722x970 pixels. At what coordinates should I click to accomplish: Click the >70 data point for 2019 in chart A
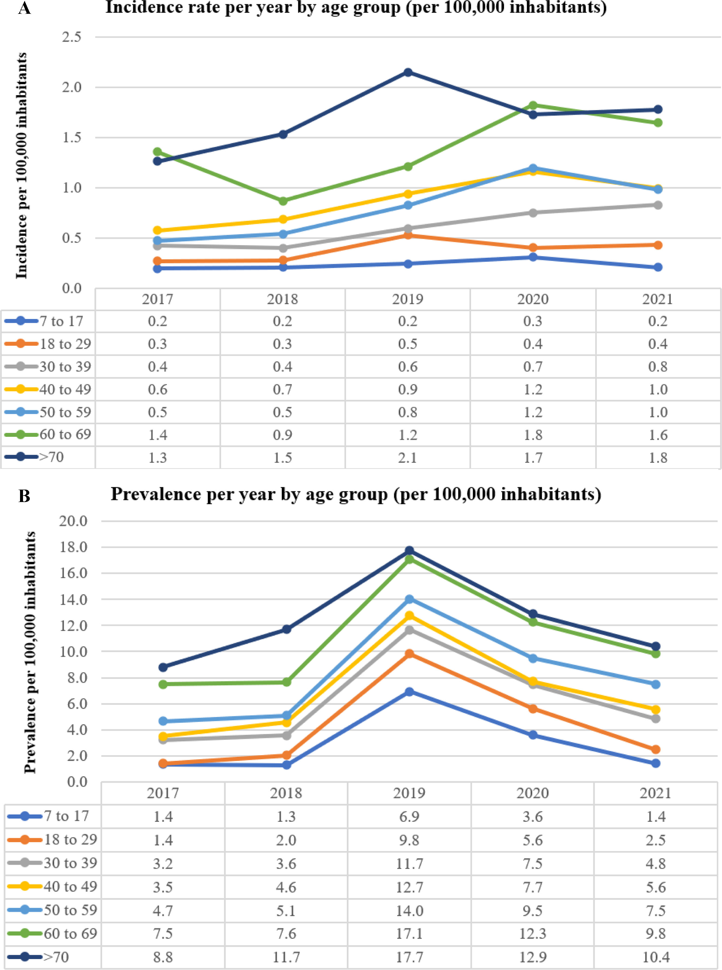pyautogui.click(x=408, y=72)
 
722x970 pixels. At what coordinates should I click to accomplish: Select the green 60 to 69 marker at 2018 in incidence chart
pyautogui.click(x=283, y=201)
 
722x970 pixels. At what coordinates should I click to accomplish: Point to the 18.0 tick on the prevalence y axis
pyautogui.click(x=73, y=547)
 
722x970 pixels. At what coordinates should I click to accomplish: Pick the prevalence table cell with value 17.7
pyautogui.click(x=409, y=957)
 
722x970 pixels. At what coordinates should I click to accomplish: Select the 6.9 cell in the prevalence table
pyautogui.click(x=409, y=816)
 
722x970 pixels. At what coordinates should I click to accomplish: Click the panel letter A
pyautogui.click(x=24, y=8)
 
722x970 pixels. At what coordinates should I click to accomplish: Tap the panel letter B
pyautogui.click(x=24, y=496)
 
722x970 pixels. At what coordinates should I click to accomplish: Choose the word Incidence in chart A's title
pyautogui.click(x=145, y=7)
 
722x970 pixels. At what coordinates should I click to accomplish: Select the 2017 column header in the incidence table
pyautogui.click(x=157, y=299)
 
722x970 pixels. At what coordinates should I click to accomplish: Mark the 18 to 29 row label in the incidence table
pyautogui.click(x=65, y=344)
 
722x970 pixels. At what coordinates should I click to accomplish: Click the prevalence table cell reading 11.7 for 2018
pyautogui.click(x=286, y=957)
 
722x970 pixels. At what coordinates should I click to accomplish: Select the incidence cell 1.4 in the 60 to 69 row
pyautogui.click(x=157, y=435)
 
